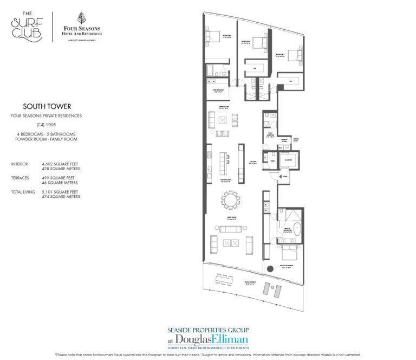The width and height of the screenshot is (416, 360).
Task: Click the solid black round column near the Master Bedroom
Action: coord(269,270)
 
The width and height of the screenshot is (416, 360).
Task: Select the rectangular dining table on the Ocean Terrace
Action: coord(223,280)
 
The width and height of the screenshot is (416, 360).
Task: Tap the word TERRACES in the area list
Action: coord(21,177)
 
